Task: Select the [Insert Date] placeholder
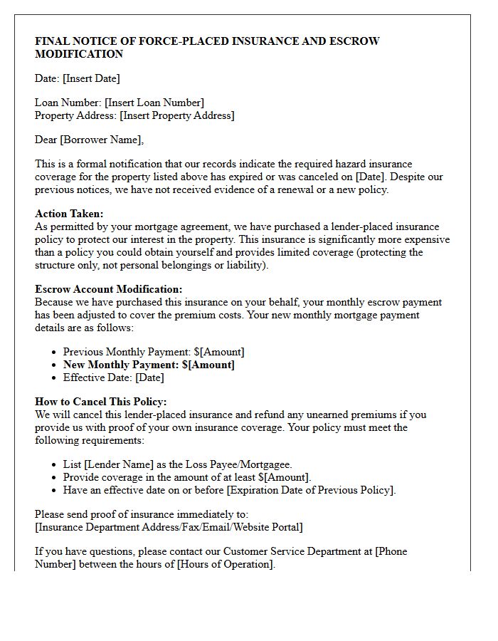91,78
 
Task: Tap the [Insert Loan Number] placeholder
154,103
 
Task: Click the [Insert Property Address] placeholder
176,115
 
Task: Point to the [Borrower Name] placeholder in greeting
101,140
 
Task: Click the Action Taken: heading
69,214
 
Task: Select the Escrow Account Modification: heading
108,289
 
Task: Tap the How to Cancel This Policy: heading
100,402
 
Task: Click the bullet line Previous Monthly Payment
153,352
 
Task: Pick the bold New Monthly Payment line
149,365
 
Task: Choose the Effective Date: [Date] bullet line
113,377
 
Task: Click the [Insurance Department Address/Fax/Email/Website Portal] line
169,527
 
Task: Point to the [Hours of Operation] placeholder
224,564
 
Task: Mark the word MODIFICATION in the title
79,54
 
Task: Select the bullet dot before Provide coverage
55,478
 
